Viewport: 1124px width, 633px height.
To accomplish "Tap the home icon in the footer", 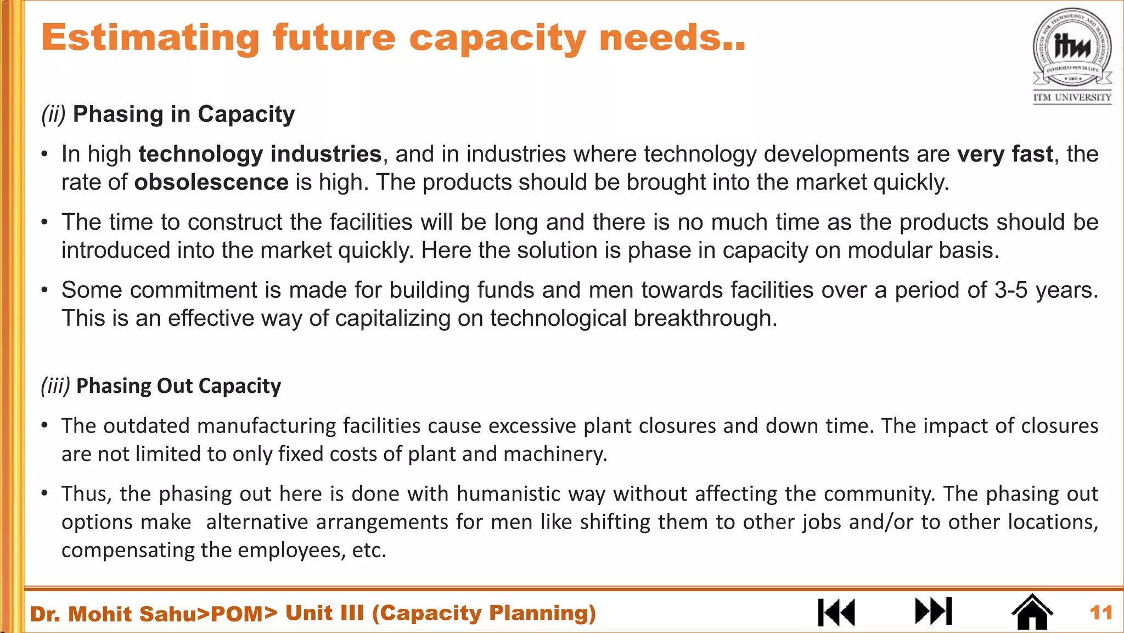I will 1032,612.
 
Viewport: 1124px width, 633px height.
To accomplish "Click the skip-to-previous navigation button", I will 836,612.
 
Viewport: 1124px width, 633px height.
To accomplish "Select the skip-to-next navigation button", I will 933,611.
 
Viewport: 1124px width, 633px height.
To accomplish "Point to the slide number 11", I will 1101,613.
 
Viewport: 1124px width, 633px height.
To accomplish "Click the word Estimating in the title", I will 150,38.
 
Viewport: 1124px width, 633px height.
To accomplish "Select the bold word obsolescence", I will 211,182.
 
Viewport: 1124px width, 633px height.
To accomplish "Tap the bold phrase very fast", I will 1005,154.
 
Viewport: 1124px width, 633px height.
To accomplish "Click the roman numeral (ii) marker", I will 53,114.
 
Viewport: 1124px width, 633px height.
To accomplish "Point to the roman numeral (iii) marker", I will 55,386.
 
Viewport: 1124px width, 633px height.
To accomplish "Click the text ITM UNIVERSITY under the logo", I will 1072,98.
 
